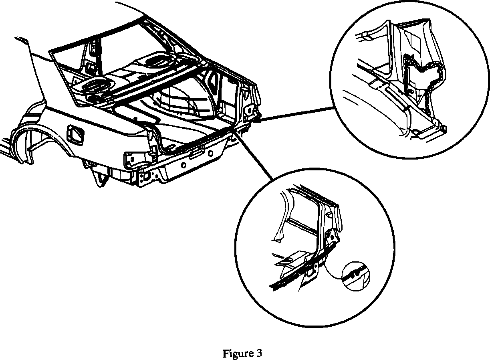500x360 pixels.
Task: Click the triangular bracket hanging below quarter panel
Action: point(98,176)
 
